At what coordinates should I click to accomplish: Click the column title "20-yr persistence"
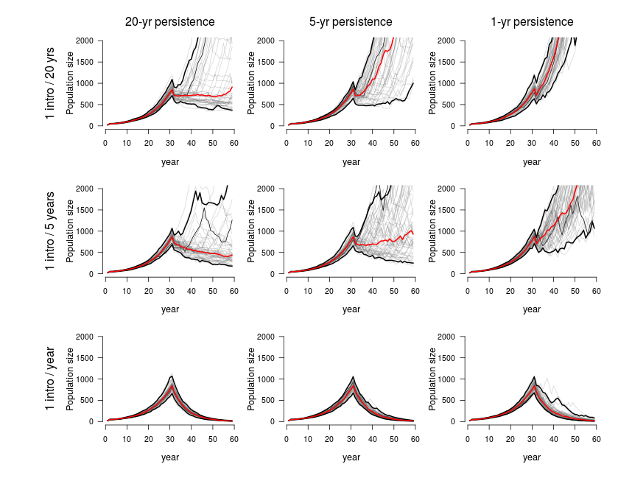tap(170, 22)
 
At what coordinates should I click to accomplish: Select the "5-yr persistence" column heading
tap(351, 22)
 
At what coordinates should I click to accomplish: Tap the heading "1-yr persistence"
tap(532, 22)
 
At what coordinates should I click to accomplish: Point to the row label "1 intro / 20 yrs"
tap(51, 82)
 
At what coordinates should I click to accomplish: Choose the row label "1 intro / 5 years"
tap(51, 231)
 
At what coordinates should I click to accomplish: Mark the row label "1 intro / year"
tap(51, 379)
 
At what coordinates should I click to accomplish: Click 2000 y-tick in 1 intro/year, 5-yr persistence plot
tap(267, 337)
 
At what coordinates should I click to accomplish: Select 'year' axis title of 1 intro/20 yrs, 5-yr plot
tap(351, 161)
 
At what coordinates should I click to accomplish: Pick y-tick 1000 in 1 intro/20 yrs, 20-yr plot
tap(87, 83)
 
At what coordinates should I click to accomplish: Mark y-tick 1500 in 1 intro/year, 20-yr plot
tap(87, 358)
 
